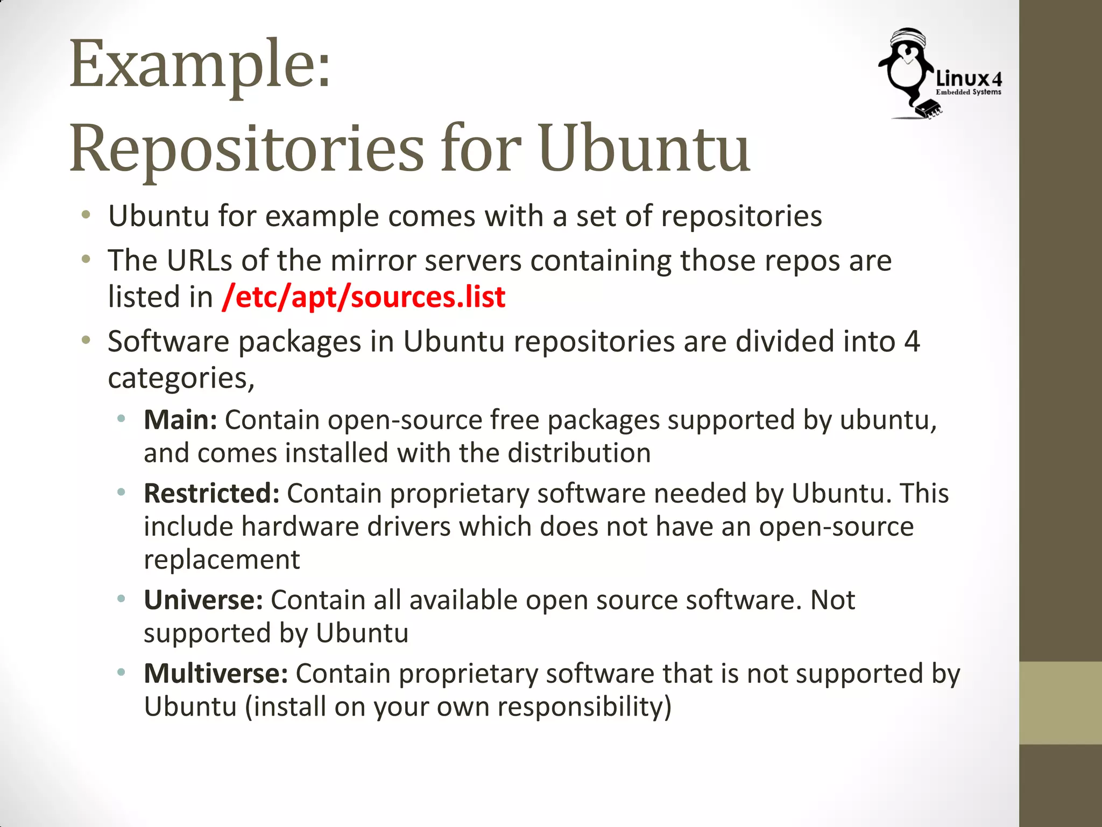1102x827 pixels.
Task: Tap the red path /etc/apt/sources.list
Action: [x=363, y=297]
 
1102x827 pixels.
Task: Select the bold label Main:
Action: [x=180, y=420]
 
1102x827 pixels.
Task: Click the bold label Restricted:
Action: [x=211, y=493]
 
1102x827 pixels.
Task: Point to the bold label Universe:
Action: [x=203, y=600]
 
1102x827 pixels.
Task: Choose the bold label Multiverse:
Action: [x=216, y=674]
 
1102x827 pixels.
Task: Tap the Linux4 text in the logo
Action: [x=969, y=79]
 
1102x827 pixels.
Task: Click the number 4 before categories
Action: [x=912, y=342]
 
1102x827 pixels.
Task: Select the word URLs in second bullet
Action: [x=199, y=261]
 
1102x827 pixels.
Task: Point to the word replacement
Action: [x=222, y=560]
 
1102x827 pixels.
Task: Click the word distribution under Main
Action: [x=580, y=453]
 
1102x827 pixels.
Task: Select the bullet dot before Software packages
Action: [x=86, y=340]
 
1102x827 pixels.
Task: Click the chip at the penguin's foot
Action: [x=929, y=109]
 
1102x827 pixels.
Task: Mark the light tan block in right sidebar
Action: [x=1060, y=703]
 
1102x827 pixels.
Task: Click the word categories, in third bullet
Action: [x=181, y=379]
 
